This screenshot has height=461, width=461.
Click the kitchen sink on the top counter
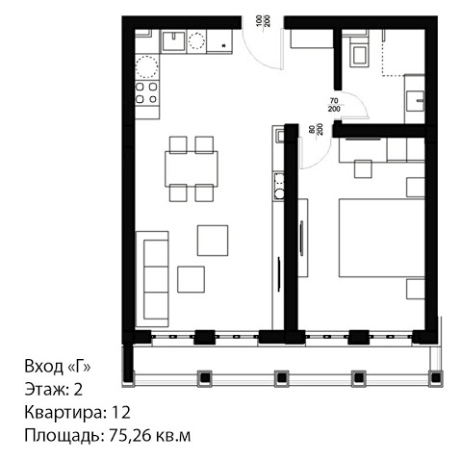click(x=173, y=41)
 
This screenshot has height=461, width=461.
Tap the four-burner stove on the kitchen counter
click(x=147, y=93)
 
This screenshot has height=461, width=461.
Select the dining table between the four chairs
click(x=192, y=168)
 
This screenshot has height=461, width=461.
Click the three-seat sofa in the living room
click(x=152, y=279)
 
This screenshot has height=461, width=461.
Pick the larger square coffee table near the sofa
click(x=213, y=241)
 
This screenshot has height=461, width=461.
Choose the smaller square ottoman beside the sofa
click(x=191, y=279)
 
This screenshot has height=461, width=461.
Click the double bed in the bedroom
click(x=382, y=238)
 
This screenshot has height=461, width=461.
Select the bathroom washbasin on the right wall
click(x=416, y=101)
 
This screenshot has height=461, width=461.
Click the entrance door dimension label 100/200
click(x=263, y=21)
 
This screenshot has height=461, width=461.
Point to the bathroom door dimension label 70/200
click(x=334, y=105)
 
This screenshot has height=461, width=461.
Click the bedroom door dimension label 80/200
click(x=316, y=129)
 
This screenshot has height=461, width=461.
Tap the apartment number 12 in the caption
click(x=121, y=412)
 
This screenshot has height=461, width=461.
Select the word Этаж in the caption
click(x=44, y=389)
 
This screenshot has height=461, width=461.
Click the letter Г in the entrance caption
click(x=80, y=366)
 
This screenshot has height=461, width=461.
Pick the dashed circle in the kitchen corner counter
click(x=146, y=66)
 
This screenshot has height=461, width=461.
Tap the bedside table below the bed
click(x=416, y=289)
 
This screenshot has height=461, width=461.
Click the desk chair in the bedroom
click(x=363, y=169)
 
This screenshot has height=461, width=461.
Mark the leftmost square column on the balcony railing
click(x=205, y=378)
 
